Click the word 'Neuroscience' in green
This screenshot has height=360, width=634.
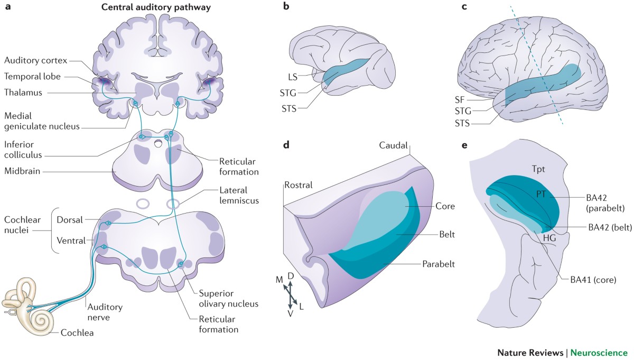point(602,352)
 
